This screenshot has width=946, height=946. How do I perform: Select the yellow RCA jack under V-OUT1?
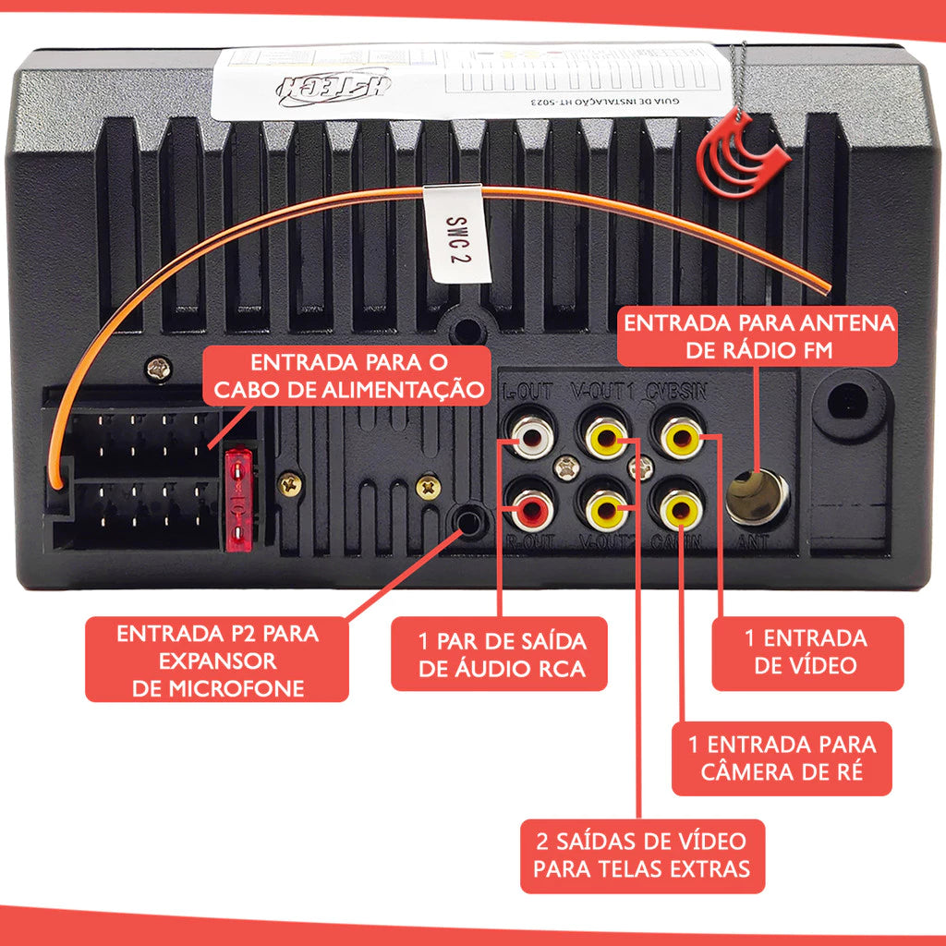tap(605, 434)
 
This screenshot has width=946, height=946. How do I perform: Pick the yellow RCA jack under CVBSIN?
tap(679, 434)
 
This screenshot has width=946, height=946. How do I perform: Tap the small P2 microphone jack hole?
tap(470, 522)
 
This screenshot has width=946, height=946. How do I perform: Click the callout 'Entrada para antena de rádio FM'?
tap(758, 336)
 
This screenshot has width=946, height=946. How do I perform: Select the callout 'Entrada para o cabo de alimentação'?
tap(346, 375)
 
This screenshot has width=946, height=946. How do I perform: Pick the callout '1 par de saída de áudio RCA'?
tap(500, 654)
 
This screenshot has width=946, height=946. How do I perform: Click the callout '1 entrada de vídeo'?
tap(806, 652)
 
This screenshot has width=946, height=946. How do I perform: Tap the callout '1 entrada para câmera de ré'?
tap(782, 758)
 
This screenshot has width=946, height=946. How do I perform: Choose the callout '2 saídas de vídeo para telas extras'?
tap(642, 855)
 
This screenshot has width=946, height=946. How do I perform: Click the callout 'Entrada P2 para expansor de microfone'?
tap(217, 661)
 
